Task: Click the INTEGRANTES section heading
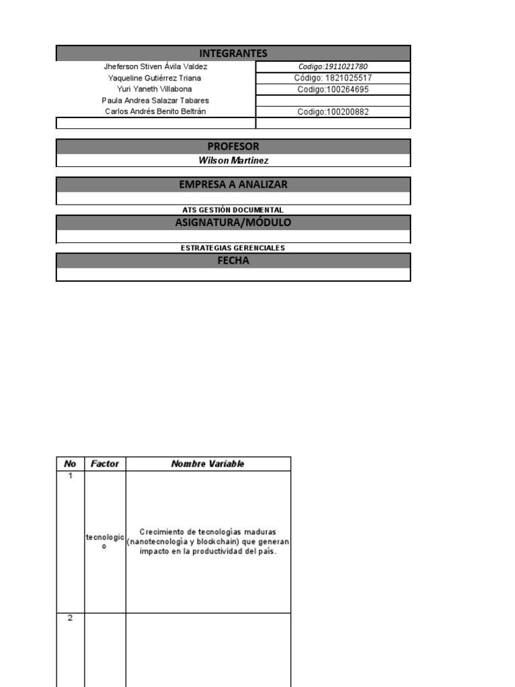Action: [x=233, y=54]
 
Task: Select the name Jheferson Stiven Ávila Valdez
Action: [x=156, y=67]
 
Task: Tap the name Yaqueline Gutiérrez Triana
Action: [x=155, y=78]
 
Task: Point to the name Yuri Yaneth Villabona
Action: [x=155, y=89]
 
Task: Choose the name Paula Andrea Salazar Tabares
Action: [x=156, y=101]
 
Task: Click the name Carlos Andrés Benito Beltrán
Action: [x=156, y=111]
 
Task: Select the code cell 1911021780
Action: [x=333, y=67]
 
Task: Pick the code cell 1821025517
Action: [x=333, y=78]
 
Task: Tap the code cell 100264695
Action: [x=333, y=89]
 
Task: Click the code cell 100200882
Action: [x=333, y=112]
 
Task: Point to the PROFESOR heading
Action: [x=233, y=147]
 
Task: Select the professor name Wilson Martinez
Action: [x=233, y=160]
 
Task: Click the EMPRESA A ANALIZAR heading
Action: [x=233, y=184]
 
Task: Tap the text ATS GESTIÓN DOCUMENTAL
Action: [x=233, y=210]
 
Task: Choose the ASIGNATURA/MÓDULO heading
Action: [x=233, y=223]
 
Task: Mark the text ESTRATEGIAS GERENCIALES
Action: [x=233, y=248]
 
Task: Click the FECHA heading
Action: [x=233, y=261]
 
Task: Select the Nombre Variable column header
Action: [x=208, y=464]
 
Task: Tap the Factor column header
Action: [x=105, y=464]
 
